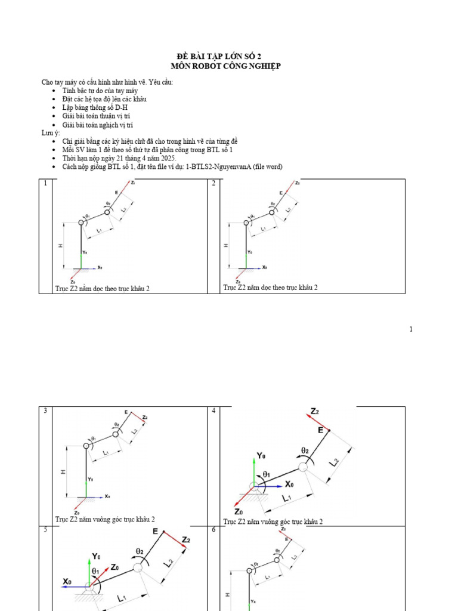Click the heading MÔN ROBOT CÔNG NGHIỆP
click(x=225, y=66)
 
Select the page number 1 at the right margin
click(x=411, y=329)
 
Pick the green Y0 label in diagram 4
click(x=261, y=456)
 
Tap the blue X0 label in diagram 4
click(x=289, y=484)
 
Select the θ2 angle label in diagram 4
click(x=306, y=450)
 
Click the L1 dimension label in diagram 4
click(x=286, y=497)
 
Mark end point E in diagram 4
click(x=321, y=430)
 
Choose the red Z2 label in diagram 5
click(x=185, y=539)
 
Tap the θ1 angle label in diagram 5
click(x=95, y=572)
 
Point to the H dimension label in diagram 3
click(x=63, y=471)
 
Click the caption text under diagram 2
click(x=270, y=288)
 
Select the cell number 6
click(x=213, y=530)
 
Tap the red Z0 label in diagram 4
click(x=239, y=511)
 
